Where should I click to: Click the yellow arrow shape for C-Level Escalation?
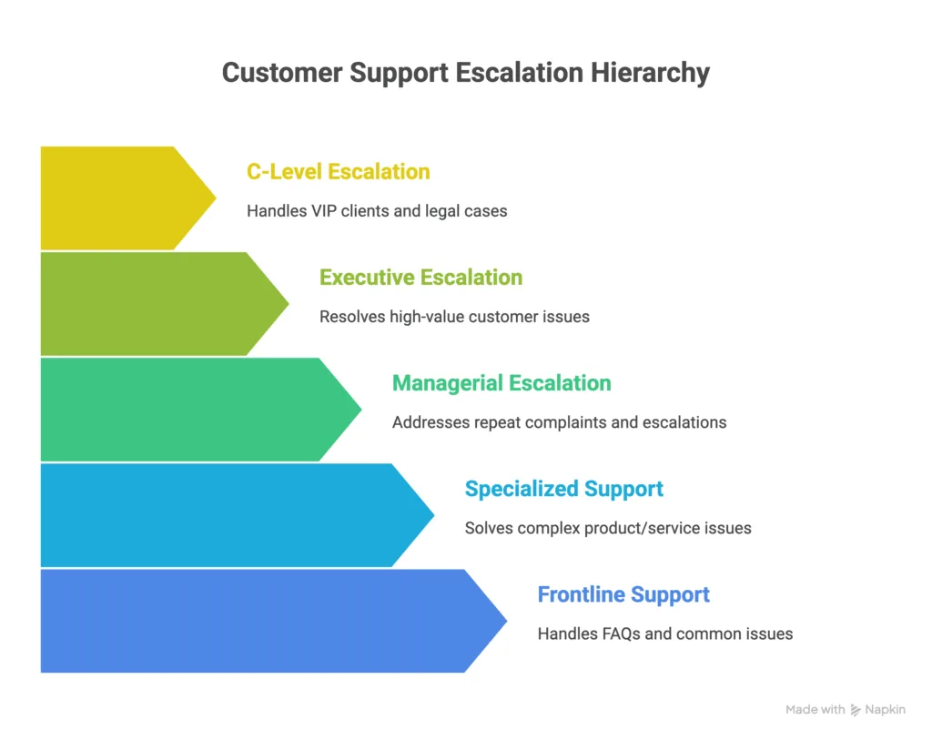118,198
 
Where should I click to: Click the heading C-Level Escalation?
338,172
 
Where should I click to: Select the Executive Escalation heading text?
420,278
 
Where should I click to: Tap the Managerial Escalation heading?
501,383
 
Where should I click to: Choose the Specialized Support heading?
563,489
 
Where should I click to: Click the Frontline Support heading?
623,594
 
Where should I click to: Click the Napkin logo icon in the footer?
856,710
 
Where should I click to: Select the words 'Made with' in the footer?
815,710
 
